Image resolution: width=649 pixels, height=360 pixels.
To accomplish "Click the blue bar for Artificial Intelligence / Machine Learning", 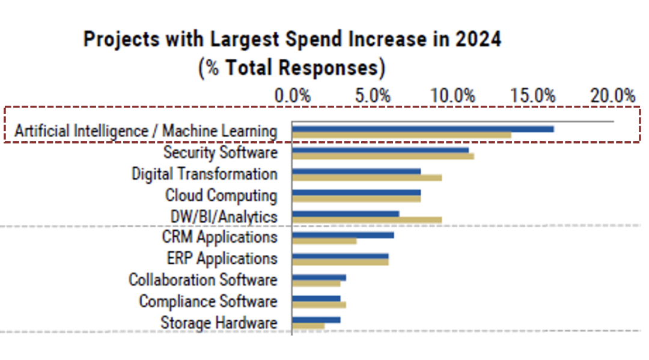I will click(422, 129).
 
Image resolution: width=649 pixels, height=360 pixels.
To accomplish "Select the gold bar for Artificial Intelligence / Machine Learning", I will click(401, 135).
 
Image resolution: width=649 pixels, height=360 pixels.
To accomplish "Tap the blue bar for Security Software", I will click(380, 150).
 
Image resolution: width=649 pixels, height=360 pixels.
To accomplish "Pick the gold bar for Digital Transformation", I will click(367, 177).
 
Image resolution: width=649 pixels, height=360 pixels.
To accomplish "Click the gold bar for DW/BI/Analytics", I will click(367, 220).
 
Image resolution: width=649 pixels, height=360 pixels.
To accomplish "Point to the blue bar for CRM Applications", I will click(343, 234).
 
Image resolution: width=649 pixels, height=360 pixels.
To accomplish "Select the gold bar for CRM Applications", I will click(324, 242).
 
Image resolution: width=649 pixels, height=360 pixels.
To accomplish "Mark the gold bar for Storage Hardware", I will click(308, 326).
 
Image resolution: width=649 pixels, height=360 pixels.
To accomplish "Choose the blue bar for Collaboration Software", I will click(318, 277).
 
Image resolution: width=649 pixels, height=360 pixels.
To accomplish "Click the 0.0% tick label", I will click(292, 96).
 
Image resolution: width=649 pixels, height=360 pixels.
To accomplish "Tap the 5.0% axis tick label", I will click(373, 96).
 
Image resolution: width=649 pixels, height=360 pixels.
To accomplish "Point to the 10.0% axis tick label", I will click(453, 96).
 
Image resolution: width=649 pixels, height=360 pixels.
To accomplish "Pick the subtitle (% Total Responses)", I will click(292, 67).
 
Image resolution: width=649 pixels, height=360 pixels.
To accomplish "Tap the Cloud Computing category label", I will click(221, 195).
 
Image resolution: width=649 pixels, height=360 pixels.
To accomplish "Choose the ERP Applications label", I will click(222, 258).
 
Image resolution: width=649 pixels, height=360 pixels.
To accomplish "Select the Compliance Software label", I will click(208, 301).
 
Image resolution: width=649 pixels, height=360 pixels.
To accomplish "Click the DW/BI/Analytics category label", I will click(224, 216).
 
